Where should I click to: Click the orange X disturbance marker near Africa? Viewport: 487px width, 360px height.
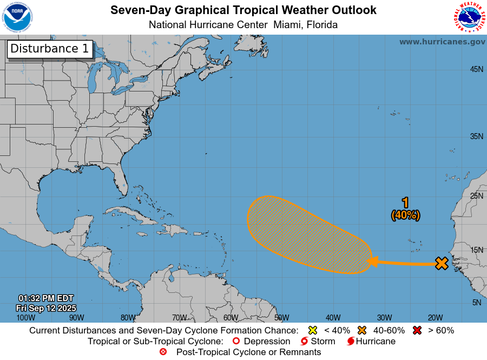pos(442,264)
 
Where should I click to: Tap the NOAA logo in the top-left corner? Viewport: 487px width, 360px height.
pos(17,18)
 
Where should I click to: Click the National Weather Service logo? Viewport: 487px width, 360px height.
pos(468,18)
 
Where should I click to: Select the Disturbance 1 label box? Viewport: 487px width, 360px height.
pos(49,49)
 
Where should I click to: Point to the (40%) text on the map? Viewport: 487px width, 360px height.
pos(405,215)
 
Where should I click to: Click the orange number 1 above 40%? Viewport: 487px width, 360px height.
pos(405,203)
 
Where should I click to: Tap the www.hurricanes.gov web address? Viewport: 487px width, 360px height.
pos(442,42)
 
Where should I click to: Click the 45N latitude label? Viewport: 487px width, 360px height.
pos(476,69)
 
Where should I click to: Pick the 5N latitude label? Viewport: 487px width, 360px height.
pos(477,303)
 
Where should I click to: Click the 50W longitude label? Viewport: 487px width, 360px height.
pos(281,318)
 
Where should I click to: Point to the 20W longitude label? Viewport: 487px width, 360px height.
pos(436,318)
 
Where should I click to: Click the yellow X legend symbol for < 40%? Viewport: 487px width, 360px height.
pos(312,330)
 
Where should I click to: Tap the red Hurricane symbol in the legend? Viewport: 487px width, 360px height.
pos(351,342)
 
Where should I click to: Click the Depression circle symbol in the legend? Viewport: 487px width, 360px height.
pos(235,342)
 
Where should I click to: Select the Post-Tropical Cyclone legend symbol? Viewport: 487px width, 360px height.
pos(163,352)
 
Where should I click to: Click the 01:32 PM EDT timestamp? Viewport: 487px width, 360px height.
pos(46,298)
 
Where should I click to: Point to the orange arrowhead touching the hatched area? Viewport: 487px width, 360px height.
pos(372,262)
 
